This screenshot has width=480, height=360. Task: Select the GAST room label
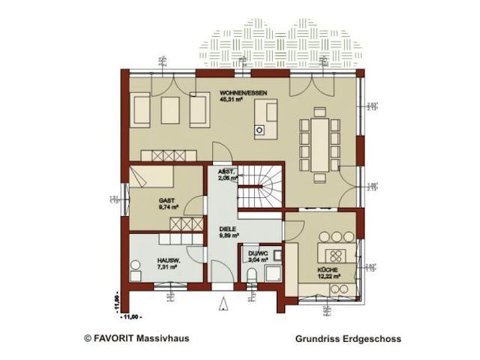(x=166, y=201)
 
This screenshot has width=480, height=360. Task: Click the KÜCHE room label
(x=326, y=269)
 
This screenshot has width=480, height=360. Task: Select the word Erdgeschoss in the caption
(x=372, y=338)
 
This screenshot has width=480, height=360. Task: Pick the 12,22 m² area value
(x=328, y=276)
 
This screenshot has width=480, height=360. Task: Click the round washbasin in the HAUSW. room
(x=136, y=264)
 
